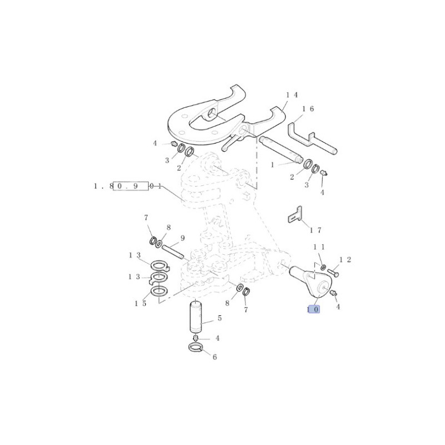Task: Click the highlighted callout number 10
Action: [x=314, y=309]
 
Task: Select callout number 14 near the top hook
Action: [x=292, y=95]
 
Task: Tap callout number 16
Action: [x=308, y=109]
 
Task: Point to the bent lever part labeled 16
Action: [x=312, y=139]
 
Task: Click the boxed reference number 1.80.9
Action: [x=131, y=186]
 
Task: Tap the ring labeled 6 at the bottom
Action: [x=196, y=347]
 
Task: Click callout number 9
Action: [x=182, y=238]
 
